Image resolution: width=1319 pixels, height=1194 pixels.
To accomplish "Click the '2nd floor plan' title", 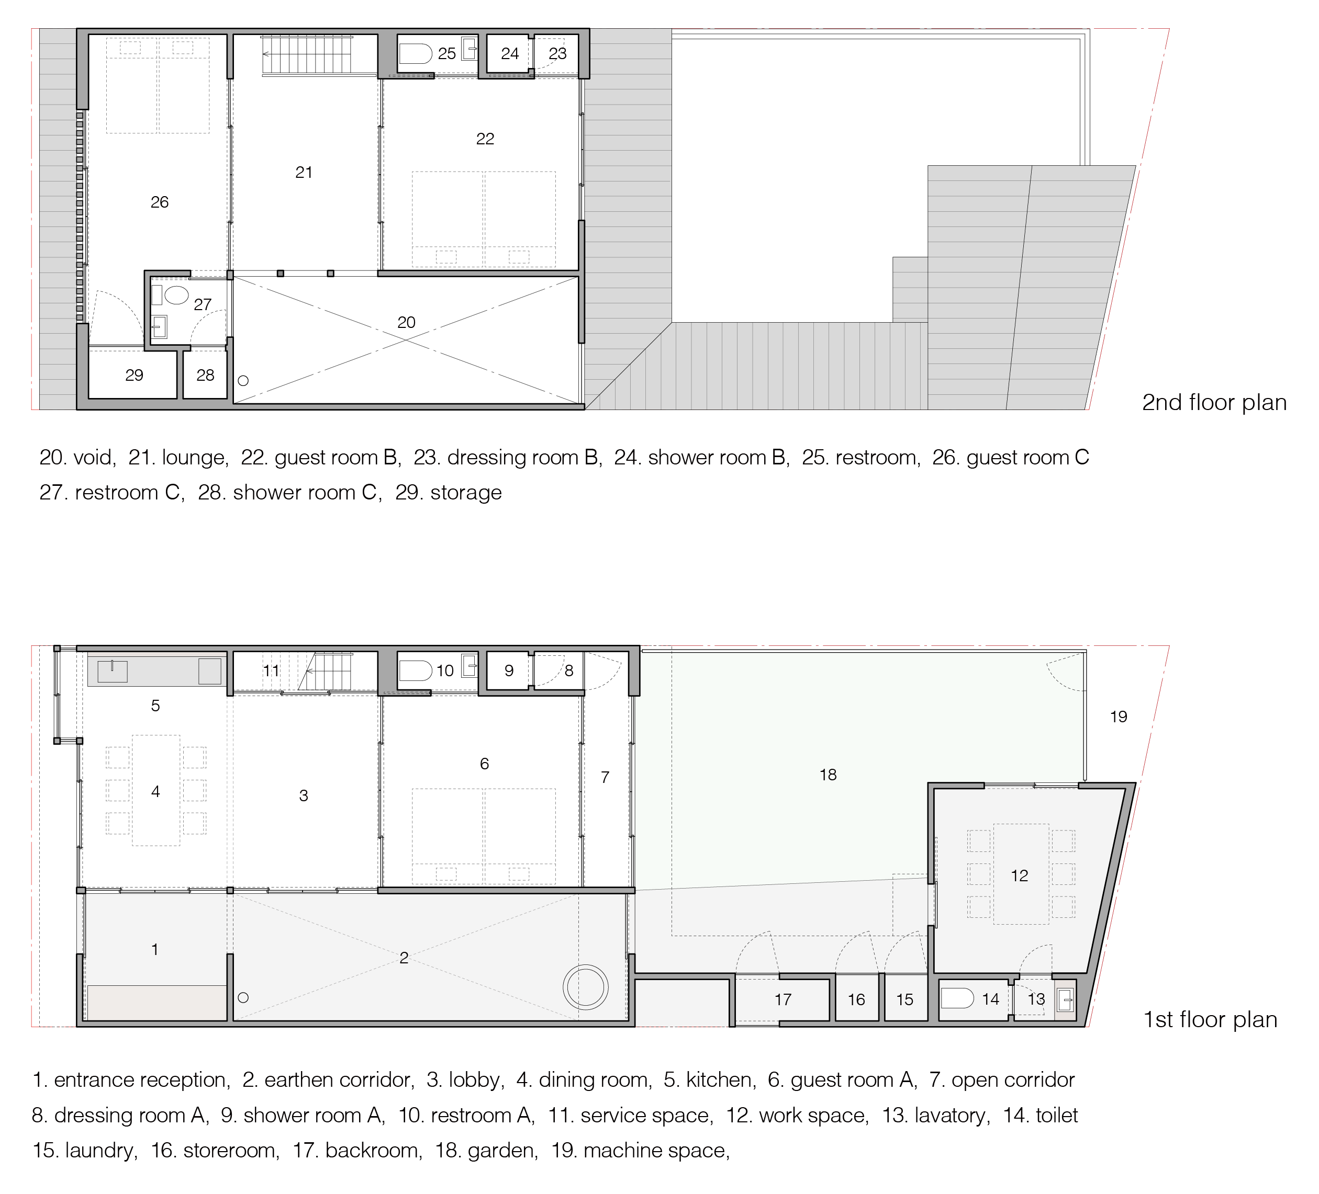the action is coord(1214,403).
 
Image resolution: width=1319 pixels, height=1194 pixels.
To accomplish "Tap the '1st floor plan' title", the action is coord(1210,1020).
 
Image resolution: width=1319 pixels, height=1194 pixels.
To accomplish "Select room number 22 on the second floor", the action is coord(485,139).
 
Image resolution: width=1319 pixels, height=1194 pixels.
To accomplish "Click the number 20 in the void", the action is coord(406,322).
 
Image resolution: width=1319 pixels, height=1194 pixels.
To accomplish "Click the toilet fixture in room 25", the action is coord(416,54).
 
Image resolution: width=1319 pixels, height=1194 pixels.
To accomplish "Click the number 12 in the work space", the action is coord(1020,875).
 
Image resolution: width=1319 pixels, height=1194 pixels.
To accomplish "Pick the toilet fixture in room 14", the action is coord(957,998).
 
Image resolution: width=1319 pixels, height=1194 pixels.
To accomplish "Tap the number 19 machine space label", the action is coord(1118,717).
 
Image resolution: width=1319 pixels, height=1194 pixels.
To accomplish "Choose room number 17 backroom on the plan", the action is coord(783,999).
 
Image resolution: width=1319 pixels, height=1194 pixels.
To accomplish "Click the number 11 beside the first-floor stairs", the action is coord(271,670).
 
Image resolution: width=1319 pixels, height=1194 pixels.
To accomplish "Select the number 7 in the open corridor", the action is coord(605,777).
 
